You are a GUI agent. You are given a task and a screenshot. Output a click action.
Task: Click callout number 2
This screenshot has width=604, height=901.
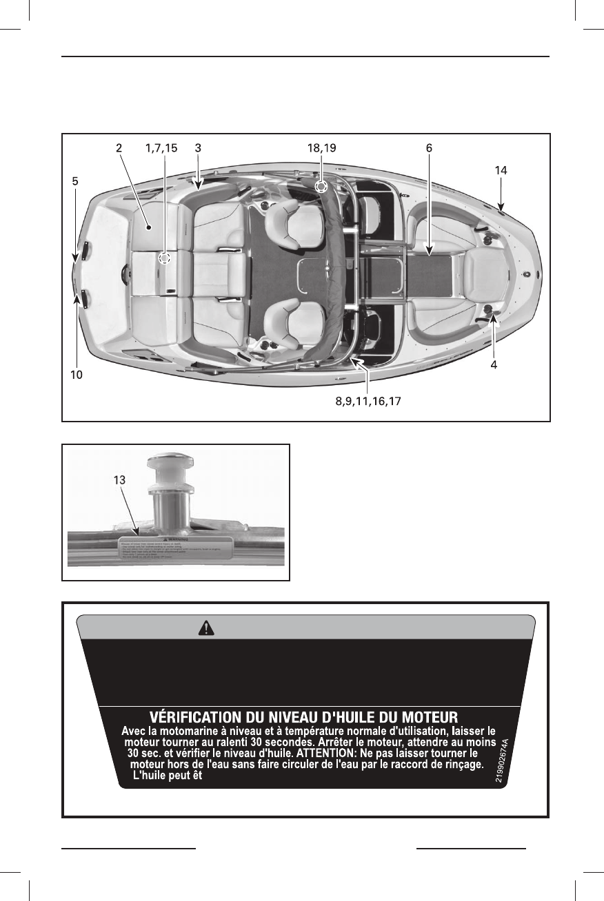pyautogui.click(x=119, y=147)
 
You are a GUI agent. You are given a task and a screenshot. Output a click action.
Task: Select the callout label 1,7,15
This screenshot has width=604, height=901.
pyautogui.click(x=161, y=147)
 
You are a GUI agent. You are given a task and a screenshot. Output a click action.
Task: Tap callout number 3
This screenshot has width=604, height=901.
pyautogui.click(x=198, y=147)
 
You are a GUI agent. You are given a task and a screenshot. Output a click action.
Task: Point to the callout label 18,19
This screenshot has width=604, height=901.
pyautogui.click(x=321, y=147)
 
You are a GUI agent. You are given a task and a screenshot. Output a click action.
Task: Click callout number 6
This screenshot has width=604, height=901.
pyautogui.click(x=429, y=147)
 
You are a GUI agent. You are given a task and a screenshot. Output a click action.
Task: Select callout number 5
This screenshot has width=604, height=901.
pyautogui.click(x=75, y=182)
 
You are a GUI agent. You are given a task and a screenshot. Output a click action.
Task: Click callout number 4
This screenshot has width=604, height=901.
pyautogui.click(x=494, y=364)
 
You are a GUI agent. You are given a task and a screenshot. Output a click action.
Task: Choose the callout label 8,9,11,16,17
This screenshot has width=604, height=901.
pyautogui.click(x=363, y=401)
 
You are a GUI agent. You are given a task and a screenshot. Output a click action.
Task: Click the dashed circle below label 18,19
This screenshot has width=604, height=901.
pyautogui.click(x=321, y=187)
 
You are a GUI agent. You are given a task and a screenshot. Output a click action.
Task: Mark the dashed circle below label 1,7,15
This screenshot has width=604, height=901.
pyautogui.click(x=164, y=258)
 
